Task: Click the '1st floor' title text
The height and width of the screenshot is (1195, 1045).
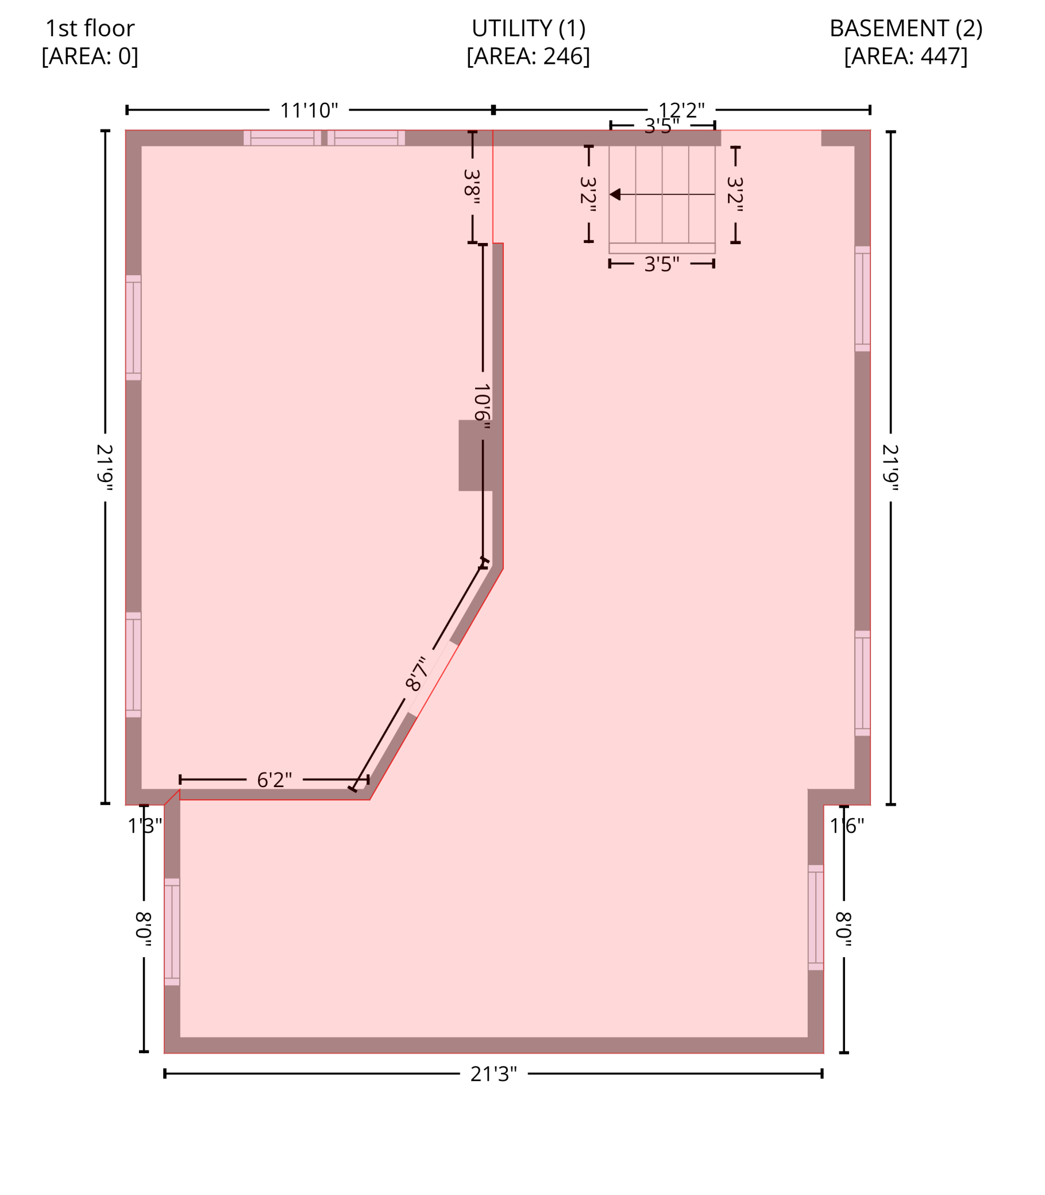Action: (90, 28)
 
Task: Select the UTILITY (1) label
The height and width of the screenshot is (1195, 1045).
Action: (529, 28)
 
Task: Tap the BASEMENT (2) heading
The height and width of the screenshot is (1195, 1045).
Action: (905, 28)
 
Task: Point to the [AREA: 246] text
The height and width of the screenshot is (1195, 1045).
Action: (529, 56)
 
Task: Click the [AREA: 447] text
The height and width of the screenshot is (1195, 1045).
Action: (905, 56)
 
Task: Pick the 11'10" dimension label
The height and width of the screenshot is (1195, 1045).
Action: (309, 110)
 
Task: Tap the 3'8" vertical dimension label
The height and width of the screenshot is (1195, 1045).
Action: (472, 187)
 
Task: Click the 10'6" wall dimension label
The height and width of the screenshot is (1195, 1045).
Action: (481, 406)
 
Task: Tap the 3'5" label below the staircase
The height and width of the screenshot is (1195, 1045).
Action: (662, 264)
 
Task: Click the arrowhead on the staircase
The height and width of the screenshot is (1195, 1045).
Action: (615, 194)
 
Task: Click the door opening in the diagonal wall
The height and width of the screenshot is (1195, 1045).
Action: (433, 679)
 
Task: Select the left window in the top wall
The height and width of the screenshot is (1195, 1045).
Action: (282, 138)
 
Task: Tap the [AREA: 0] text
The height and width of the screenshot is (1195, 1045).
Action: (90, 56)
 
